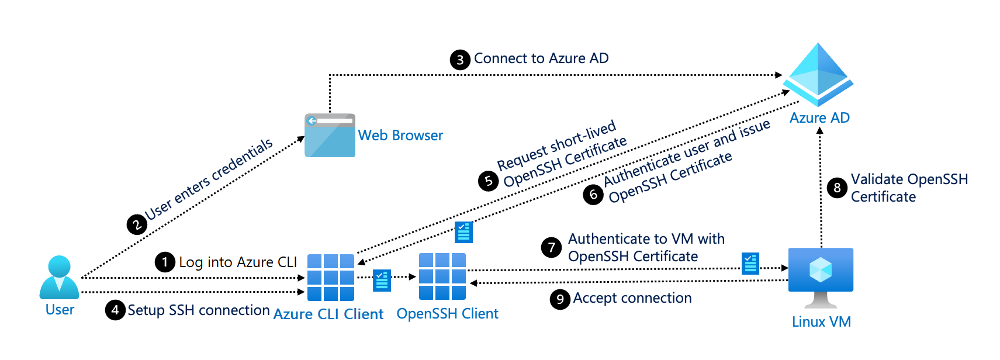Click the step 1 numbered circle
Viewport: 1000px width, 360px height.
165,262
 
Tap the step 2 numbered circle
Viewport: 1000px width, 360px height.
137,224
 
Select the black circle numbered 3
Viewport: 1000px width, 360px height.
460,60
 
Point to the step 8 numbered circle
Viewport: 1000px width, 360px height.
837,188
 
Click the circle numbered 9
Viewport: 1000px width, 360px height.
560,299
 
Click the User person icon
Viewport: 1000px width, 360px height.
59,277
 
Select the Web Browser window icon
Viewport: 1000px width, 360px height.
330,136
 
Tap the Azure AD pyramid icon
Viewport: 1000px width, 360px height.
818,74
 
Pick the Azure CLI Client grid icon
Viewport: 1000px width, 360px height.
331,277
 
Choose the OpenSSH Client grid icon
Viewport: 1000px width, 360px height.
442,276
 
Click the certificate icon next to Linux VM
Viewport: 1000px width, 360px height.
750,264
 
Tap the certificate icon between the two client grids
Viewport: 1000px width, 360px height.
382,280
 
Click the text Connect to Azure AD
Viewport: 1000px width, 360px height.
541,58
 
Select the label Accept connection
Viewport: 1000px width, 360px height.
632,298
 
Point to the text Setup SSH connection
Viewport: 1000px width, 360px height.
199,310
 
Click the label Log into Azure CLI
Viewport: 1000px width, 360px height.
238,262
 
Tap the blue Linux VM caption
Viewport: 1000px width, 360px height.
821,322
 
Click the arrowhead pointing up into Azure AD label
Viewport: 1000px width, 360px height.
820,131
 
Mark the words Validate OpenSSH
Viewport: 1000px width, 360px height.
909,179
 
